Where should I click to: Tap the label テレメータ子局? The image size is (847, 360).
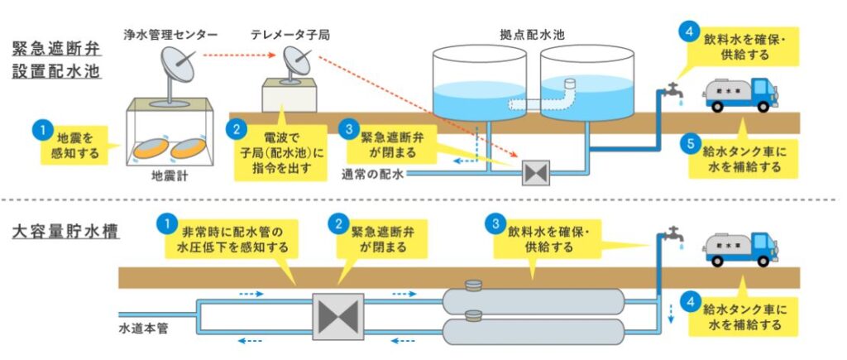[x=285, y=36]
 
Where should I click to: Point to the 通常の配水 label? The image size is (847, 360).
[x=373, y=175]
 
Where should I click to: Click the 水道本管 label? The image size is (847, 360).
[x=144, y=328]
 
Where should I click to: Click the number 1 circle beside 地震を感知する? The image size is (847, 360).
[x=39, y=130]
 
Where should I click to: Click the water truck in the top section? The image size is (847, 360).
[x=739, y=94]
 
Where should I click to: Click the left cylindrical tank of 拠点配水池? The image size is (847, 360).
[x=480, y=83]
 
